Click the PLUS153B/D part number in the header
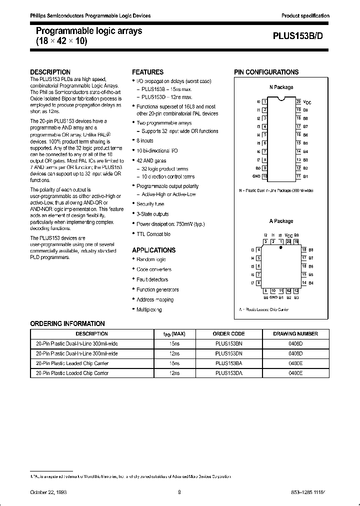[301, 36]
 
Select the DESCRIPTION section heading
[50, 72]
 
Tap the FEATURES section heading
[147, 72]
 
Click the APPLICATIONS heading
[153, 250]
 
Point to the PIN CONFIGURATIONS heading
[266, 72]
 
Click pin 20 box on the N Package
[298, 101]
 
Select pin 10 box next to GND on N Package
[265, 176]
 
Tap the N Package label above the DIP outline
[281, 87]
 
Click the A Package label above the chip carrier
[281, 221]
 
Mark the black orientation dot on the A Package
[281, 246]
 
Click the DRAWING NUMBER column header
[295, 333]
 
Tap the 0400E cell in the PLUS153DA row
[295, 373]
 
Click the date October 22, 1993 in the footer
[48, 492]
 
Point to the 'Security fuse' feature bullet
[150, 204]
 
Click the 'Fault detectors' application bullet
[152, 279]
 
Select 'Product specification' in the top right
[305, 16]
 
